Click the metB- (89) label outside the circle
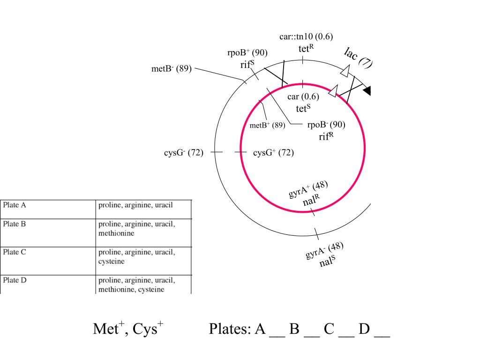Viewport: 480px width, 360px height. point(172,68)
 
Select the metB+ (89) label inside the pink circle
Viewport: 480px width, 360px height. point(267,125)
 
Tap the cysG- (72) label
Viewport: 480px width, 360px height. point(184,152)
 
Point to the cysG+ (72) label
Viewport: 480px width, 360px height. point(273,152)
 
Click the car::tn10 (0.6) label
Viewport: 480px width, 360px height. point(306,37)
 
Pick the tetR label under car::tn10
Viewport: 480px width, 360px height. point(306,48)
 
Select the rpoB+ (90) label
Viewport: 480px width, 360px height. point(247,52)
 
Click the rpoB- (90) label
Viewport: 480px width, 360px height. point(326,125)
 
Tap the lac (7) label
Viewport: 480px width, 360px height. point(358,58)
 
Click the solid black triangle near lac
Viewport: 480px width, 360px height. point(367,90)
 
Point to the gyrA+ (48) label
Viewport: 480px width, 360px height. point(308,189)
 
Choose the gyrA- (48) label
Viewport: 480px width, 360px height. point(324,250)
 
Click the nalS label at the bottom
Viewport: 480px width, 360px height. point(327,261)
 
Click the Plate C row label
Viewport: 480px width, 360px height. point(15,252)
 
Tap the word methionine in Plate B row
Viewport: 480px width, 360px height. point(116,233)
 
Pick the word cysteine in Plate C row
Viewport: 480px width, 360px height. point(112,262)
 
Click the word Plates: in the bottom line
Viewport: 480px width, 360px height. point(230,329)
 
